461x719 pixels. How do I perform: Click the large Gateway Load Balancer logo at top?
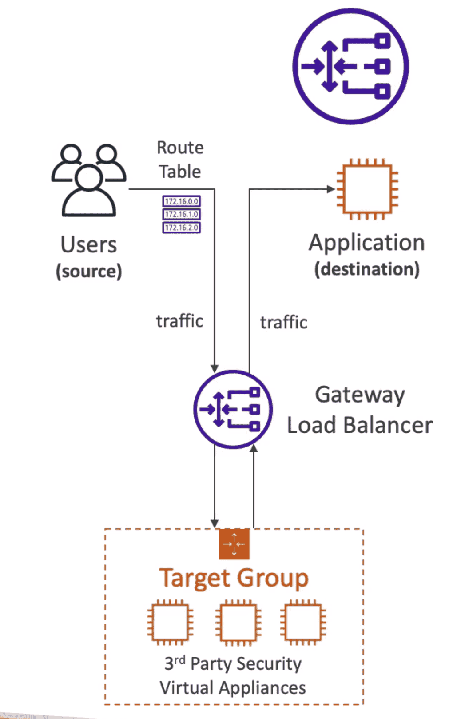pyautogui.click(x=350, y=66)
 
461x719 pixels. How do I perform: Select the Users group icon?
pyautogui.click(x=89, y=180)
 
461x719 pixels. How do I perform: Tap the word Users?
pyautogui.click(x=89, y=244)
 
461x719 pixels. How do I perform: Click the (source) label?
pyautogui.click(x=89, y=271)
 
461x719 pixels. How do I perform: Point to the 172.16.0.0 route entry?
pyautogui.click(x=181, y=201)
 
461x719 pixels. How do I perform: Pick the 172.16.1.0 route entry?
pyautogui.click(x=181, y=214)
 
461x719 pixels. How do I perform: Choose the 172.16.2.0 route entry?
pyautogui.click(x=181, y=228)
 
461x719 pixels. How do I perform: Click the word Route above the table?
pyautogui.click(x=180, y=148)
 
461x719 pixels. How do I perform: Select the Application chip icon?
pyautogui.click(x=367, y=189)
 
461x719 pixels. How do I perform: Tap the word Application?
pyautogui.click(x=367, y=243)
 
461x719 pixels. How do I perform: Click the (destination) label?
pyautogui.click(x=367, y=269)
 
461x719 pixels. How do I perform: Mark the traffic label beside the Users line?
pyautogui.click(x=179, y=321)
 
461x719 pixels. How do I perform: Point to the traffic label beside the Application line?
pyautogui.click(x=284, y=323)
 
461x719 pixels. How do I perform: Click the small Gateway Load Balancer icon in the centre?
pyautogui.click(x=233, y=409)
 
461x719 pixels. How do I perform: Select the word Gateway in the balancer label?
pyautogui.click(x=360, y=395)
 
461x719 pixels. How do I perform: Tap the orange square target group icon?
pyautogui.click(x=234, y=544)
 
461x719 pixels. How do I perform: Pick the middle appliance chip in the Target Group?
pyautogui.click(x=238, y=622)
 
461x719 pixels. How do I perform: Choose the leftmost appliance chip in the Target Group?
pyautogui.click(x=170, y=622)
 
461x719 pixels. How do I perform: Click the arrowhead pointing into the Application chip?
pyautogui.click(x=330, y=189)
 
